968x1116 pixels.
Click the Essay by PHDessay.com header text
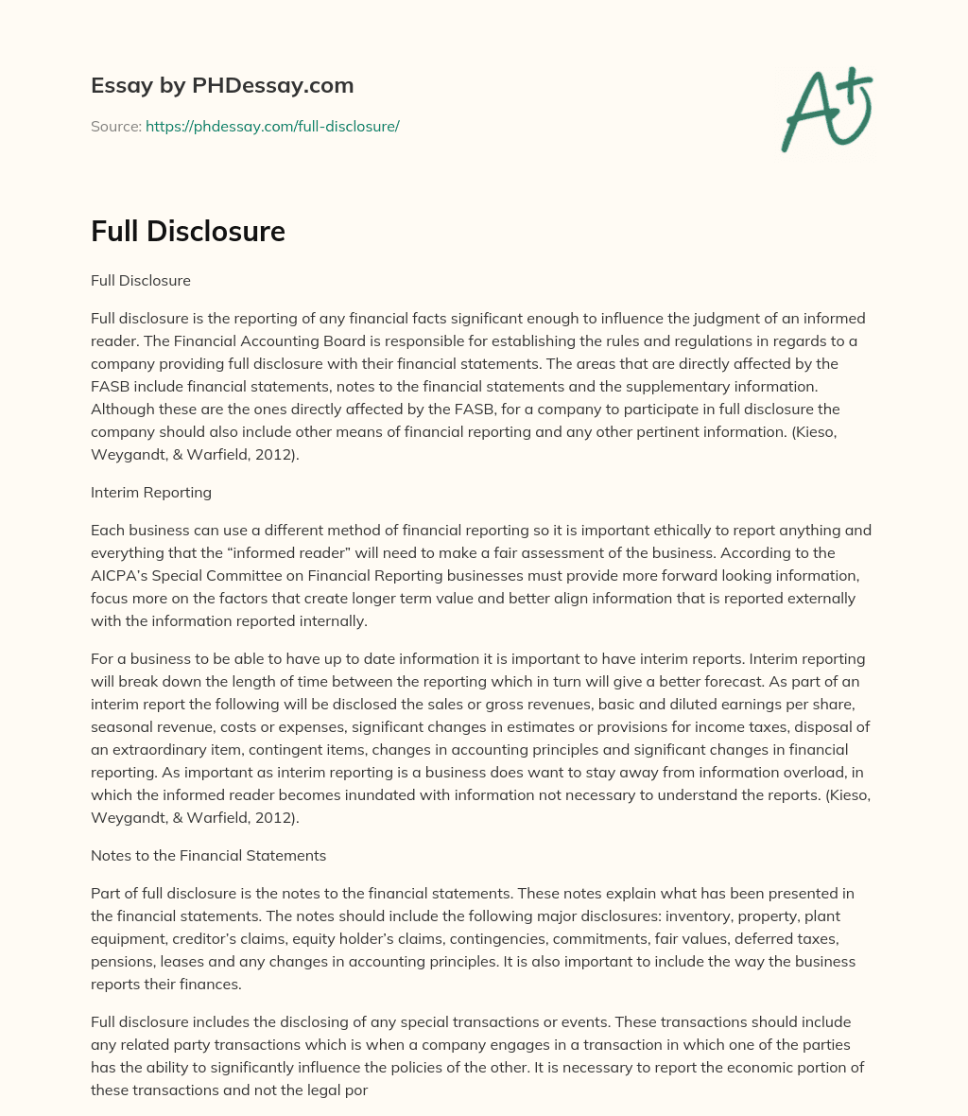[222, 86]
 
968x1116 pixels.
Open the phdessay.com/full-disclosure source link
[272, 126]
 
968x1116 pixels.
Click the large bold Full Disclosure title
[188, 231]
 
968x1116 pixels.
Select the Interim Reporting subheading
[151, 493]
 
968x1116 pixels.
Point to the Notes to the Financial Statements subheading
[208, 855]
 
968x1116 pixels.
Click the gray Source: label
[115, 126]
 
